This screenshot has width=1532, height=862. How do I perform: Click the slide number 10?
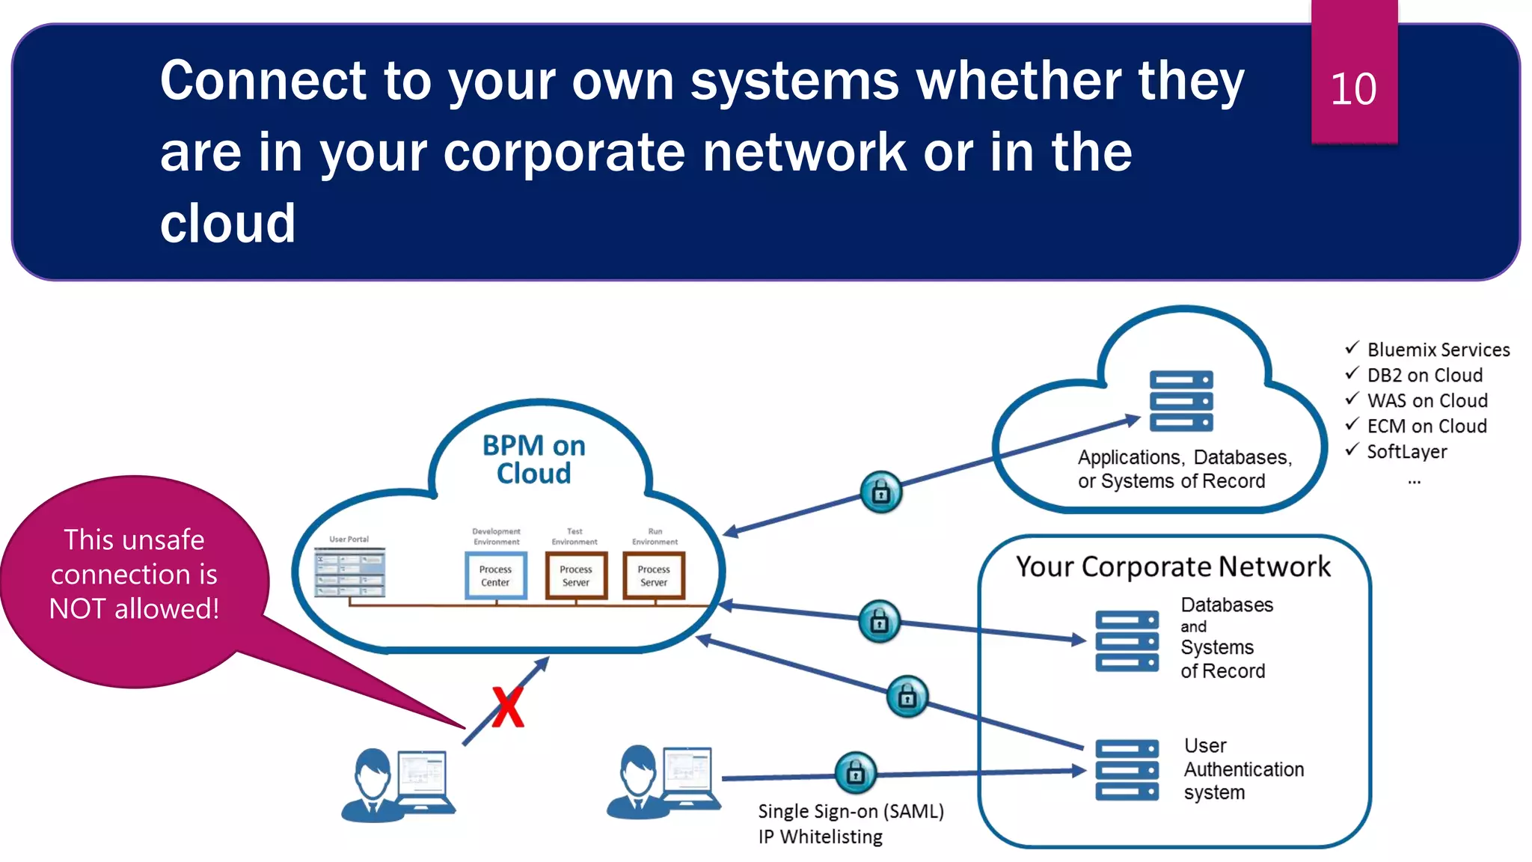[1353, 89]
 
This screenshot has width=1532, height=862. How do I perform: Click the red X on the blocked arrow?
[508, 707]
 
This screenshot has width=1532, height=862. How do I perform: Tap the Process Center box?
[496, 575]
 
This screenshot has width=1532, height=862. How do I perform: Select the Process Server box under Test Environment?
[576, 575]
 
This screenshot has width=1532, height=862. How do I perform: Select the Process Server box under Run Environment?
[654, 575]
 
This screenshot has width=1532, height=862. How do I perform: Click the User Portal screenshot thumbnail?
[350, 572]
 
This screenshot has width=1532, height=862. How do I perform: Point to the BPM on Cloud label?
[534, 459]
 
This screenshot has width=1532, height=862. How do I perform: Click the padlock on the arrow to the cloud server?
[881, 492]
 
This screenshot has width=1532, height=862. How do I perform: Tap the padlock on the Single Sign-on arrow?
[855, 773]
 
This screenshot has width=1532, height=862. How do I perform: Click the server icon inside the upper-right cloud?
[1181, 401]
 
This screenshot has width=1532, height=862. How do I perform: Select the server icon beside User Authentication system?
[1127, 770]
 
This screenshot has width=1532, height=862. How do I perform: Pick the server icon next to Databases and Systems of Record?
[1127, 641]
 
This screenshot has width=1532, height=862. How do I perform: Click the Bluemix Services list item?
[1438, 349]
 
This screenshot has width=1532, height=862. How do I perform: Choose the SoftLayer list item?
[1406, 451]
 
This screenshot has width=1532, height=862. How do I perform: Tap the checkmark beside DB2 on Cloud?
[1352, 373]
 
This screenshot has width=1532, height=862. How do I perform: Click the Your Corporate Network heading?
[1173, 567]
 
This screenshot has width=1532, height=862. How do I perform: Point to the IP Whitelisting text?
[820, 837]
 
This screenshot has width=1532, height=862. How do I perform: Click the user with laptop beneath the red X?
[398, 786]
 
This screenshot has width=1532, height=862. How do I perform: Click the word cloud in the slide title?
[227, 224]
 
